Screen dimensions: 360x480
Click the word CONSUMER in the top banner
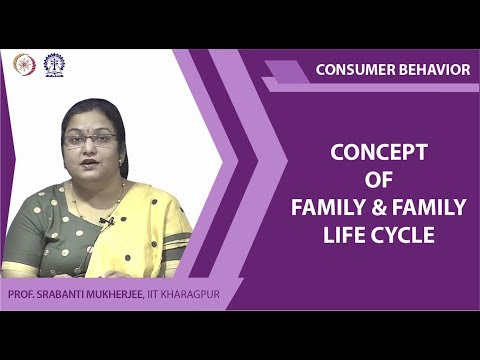click(353, 69)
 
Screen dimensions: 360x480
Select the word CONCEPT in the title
click(378, 152)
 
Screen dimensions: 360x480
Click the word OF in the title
click(378, 180)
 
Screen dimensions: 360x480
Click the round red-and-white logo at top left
click(22, 63)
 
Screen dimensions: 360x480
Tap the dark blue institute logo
click(52, 63)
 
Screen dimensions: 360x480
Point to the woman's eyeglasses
click(90, 139)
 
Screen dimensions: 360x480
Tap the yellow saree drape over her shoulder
click(150, 225)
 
